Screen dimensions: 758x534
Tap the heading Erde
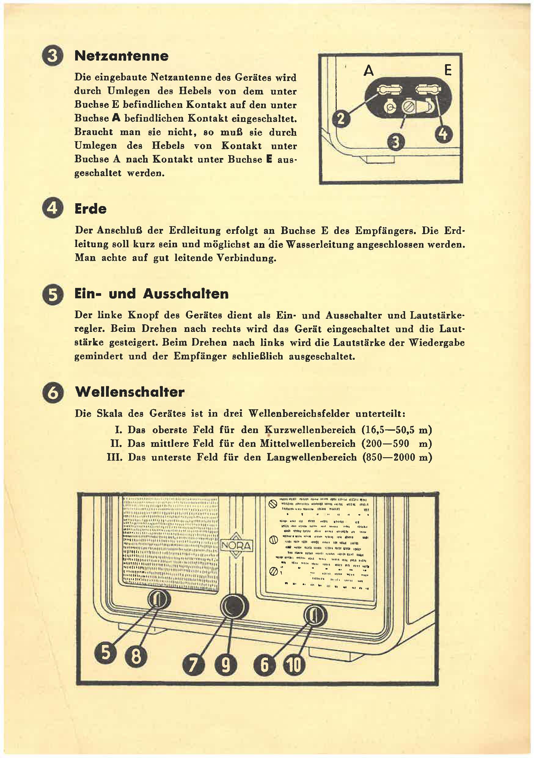(90, 209)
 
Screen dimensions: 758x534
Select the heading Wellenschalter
(130, 392)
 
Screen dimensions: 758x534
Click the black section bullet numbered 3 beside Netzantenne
(53, 57)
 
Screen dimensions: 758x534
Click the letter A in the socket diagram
(368, 70)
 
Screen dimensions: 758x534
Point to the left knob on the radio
(158, 598)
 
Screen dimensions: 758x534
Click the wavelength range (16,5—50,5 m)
(397, 430)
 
